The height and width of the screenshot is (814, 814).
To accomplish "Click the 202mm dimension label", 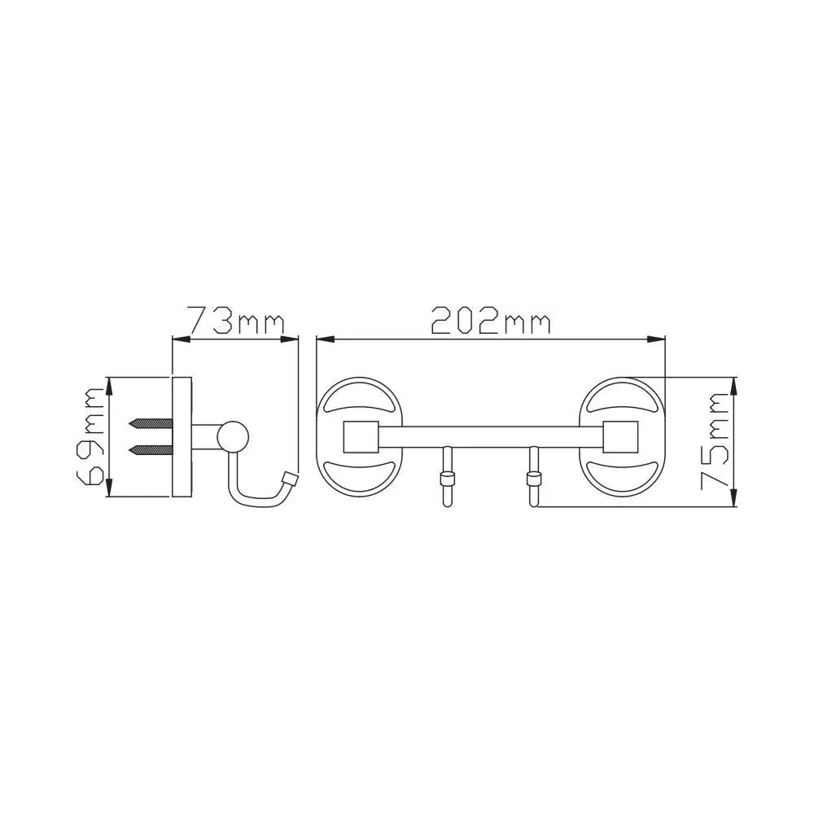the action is [x=491, y=319].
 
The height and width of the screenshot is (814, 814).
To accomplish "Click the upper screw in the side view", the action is [x=151, y=423].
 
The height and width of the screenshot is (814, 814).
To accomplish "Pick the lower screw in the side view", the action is [x=151, y=450].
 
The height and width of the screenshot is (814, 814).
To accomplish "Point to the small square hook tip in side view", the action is [x=289, y=479].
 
